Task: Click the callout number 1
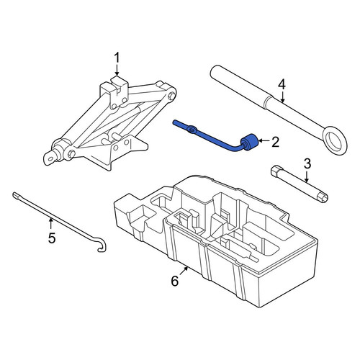(117, 58)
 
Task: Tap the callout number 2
(275, 142)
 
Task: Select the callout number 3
(307, 163)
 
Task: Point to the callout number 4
(282, 85)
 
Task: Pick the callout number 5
(52, 238)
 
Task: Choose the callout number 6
(175, 281)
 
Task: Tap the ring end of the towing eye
(335, 140)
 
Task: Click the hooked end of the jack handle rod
(102, 247)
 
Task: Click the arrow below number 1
(117, 71)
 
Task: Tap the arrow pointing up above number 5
(50, 223)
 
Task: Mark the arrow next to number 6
(184, 271)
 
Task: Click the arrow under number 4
(282, 97)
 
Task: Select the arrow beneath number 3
(307, 176)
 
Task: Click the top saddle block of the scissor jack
(114, 91)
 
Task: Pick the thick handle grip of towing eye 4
(238, 87)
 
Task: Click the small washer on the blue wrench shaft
(192, 130)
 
